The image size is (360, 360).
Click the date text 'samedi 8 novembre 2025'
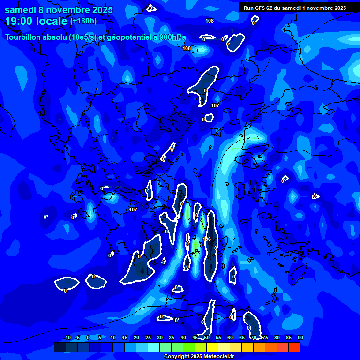(x=59, y=10)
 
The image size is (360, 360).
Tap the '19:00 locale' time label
(x=37, y=21)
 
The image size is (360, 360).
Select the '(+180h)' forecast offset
(x=83, y=21)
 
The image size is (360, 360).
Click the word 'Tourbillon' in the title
(x=24, y=37)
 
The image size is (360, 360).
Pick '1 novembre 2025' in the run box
(x=322, y=8)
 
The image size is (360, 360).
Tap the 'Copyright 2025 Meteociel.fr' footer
(x=198, y=357)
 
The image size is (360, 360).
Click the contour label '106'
(x=207, y=240)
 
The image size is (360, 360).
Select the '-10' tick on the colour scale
(x=67, y=338)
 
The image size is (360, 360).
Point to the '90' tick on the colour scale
(x=300, y=338)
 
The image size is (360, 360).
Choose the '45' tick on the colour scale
(x=195, y=338)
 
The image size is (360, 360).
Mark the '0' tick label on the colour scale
(x=88, y=338)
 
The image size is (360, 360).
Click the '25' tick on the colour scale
(x=148, y=338)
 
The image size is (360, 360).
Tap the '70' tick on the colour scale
(x=254, y=338)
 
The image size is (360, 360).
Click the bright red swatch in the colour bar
(x=294, y=347)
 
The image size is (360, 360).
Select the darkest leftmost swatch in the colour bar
(x=60, y=347)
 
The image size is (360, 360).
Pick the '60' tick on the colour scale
(x=230, y=338)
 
